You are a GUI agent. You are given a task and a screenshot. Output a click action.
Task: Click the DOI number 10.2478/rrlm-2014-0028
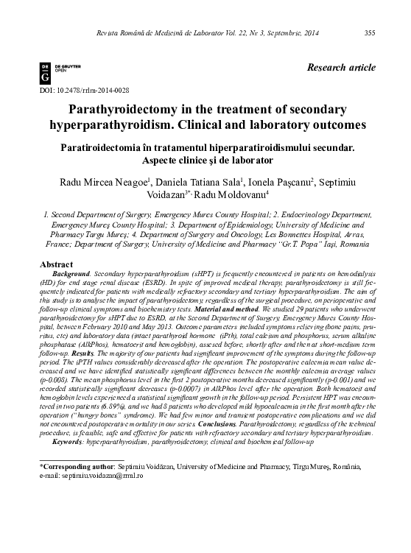(86, 90)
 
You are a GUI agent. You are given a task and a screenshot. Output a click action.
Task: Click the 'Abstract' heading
(55, 264)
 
